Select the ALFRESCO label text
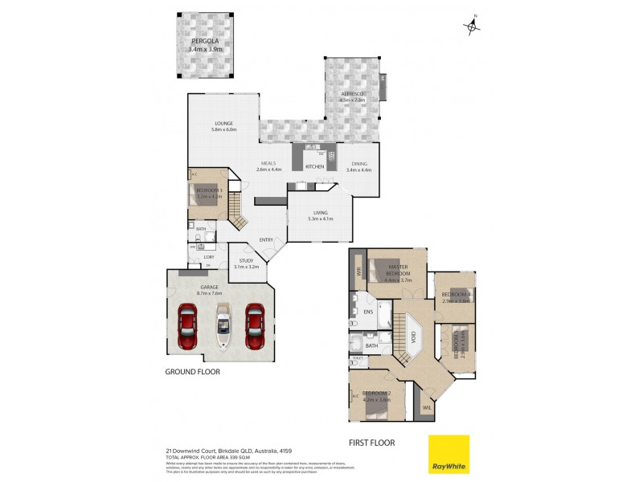pos(352,94)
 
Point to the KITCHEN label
pos(314,166)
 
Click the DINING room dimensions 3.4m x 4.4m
pos(358,170)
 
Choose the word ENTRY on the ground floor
pos(266,239)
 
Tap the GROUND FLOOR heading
pos(192,372)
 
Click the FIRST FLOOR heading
pos(371,442)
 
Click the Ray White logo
pos(448,454)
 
